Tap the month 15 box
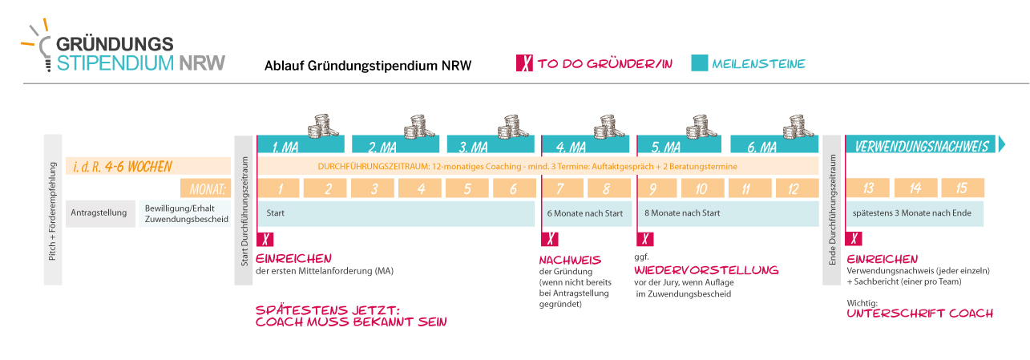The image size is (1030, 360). [x=963, y=188]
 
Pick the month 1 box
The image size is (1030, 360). [x=279, y=188]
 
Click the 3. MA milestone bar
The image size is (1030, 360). [x=491, y=144]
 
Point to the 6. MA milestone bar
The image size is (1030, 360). [x=774, y=144]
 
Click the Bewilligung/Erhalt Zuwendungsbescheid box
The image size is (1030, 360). [x=185, y=213]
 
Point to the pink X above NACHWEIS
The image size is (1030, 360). [x=550, y=239]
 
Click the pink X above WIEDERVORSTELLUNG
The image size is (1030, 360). [x=645, y=239]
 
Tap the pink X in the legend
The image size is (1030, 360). [x=525, y=63]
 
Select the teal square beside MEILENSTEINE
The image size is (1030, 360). [x=700, y=63]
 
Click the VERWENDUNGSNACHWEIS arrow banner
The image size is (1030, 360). [x=925, y=144]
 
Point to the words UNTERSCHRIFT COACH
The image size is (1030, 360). [x=920, y=313]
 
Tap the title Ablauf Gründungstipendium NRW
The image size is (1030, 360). [x=368, y=66]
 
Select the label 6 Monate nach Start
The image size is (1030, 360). [x=585, y=213]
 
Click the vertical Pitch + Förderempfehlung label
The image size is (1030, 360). [x=52, y=211]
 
